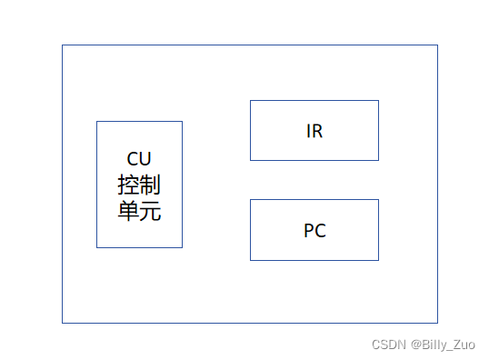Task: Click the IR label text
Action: [x=314, y=131]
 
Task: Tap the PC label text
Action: [x=314, y=231]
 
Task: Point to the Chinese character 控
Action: [x=128, y=185]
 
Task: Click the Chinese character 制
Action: [x=151, y=185]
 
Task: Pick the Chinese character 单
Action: [x=128, y=211]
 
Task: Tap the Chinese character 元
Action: [x=151, y=211]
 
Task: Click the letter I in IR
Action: [x=308, y=131]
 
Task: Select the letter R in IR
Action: [x=317, y=131]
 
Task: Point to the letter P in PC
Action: [x=309, y=231]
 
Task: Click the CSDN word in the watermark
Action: [x=388, y=345]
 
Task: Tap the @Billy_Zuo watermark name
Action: [x=443, y=345]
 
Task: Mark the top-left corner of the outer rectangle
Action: [x=63, y=45]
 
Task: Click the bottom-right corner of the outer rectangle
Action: [x=437, y=323]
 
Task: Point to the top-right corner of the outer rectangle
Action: [x=437, y=45]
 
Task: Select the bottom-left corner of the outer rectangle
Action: [x=63, y=323]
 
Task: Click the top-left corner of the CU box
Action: [x=97, y=122]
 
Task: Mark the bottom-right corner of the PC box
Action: [x=378, y=260]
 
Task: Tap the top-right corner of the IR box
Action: [x=378, y=101]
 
